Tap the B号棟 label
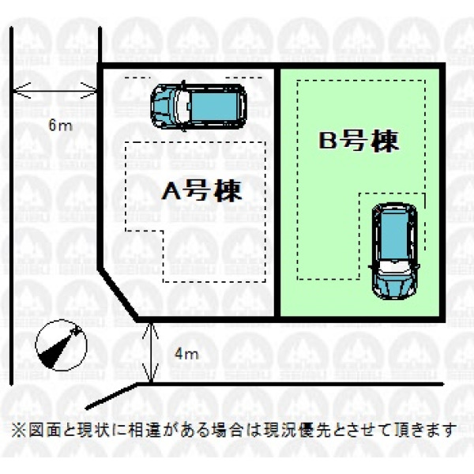[359, 142]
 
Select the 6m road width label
[55, 126]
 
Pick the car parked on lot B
[394, 249]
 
